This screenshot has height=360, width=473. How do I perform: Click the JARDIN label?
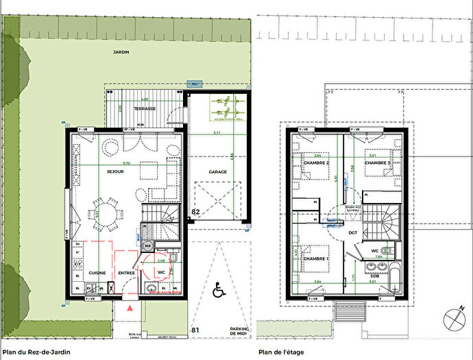(x=121, y=51)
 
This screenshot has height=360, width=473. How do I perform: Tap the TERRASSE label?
(x=145, y=108)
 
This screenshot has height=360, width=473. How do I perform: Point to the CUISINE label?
(x=96, y=272)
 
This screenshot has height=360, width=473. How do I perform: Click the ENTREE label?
(x=126, y=272)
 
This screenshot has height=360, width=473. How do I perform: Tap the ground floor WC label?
(x=161, y=272)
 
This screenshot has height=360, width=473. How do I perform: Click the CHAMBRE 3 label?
(x=378, y=163)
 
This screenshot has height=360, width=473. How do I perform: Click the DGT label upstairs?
(x=353, y=232)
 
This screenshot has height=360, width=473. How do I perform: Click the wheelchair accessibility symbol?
(x=219, y=291)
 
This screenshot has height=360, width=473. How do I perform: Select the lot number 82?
(x=195, y=213)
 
